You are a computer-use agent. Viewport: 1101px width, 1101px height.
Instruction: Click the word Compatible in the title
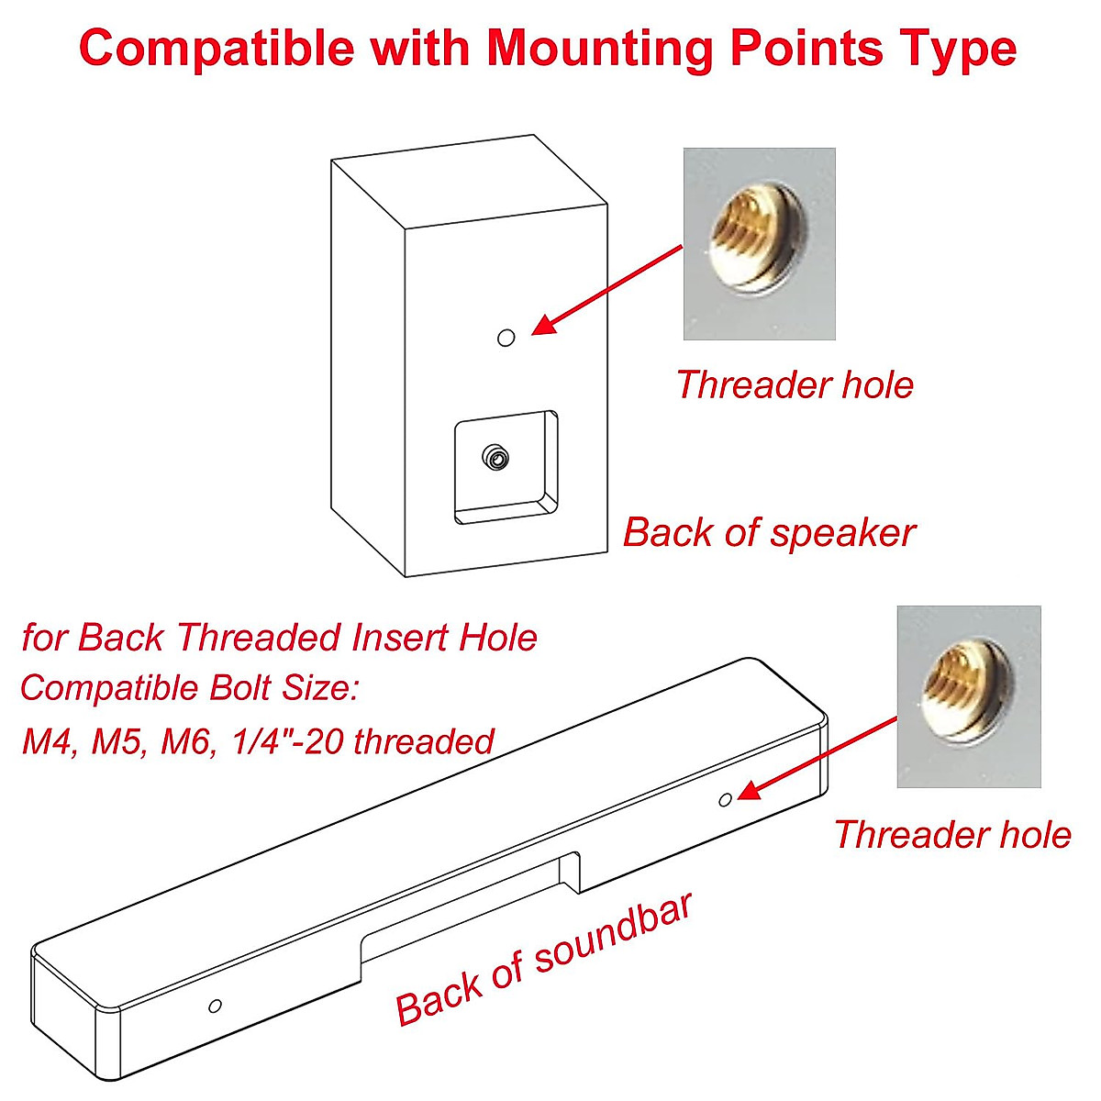point(216,48)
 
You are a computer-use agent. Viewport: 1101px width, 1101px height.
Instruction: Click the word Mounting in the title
point(599,48)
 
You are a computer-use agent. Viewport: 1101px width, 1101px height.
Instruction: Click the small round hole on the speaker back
point(506,338)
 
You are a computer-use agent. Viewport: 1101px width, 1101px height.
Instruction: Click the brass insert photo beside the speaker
point(759,243)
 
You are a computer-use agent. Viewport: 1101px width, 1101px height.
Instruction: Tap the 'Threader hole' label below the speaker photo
point(795,384)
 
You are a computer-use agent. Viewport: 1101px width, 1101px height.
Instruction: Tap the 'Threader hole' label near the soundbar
point(952,835)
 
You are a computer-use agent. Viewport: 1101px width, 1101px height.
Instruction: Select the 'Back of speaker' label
point(769,532)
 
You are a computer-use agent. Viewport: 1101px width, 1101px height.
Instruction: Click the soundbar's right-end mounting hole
point(725,800)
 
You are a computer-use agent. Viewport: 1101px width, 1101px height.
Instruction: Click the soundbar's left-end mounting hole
point(215,1006)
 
